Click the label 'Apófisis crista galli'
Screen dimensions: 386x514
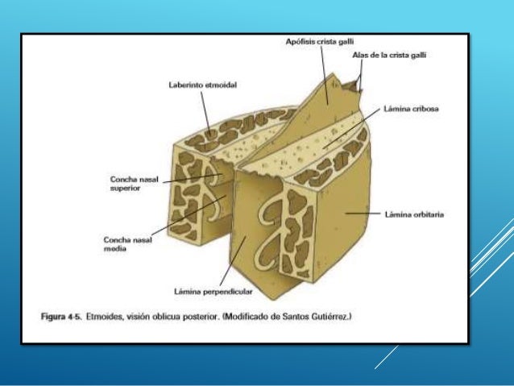pos(321,41)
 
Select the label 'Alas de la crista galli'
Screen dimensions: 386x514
pos(388,55)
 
